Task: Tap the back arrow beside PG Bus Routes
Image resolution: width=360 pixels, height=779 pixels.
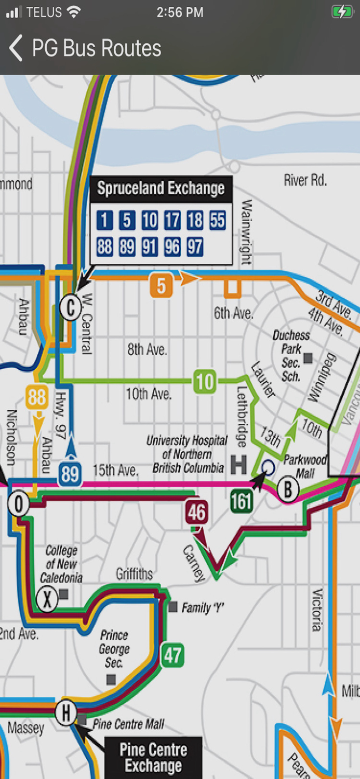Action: click(x=16, y=48)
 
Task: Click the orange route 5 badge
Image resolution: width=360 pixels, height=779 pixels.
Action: click(x=161, y=286)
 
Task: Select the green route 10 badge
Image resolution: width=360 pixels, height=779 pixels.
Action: click(x=205, y=382)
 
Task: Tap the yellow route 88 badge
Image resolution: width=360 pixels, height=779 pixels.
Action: click(x=37, y=398)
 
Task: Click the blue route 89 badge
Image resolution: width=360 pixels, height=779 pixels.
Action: click(x=70, y=474)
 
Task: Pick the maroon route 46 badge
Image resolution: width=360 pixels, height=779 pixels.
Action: click(x=196, y=512)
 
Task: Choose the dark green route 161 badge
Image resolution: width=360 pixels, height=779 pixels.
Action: click(x=242, y=501)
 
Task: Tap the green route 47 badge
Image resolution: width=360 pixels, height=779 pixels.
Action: click(x=172, y=655)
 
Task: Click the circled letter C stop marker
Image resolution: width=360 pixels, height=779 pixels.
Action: click(x=70, y=308)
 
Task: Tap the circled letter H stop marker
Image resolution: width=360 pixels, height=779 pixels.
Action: click(x=66, y=713)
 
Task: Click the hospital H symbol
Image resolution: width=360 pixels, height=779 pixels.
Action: click(x=238, y=464)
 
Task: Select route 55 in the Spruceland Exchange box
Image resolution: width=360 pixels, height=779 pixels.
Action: click(x=218, y=221)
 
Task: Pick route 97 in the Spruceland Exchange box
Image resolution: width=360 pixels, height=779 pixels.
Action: click(x=195, y=247)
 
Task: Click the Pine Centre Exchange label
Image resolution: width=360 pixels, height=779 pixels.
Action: click(x=153, y=758)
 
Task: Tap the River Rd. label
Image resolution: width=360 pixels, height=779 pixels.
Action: click(x=305, y=180)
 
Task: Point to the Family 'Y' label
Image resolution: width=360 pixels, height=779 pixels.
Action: click(x=203, y=608)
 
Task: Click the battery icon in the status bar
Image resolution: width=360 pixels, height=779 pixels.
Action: click(x=342, y=12)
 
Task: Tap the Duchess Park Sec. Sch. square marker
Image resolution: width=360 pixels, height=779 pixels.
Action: click(x=308, y=358)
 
